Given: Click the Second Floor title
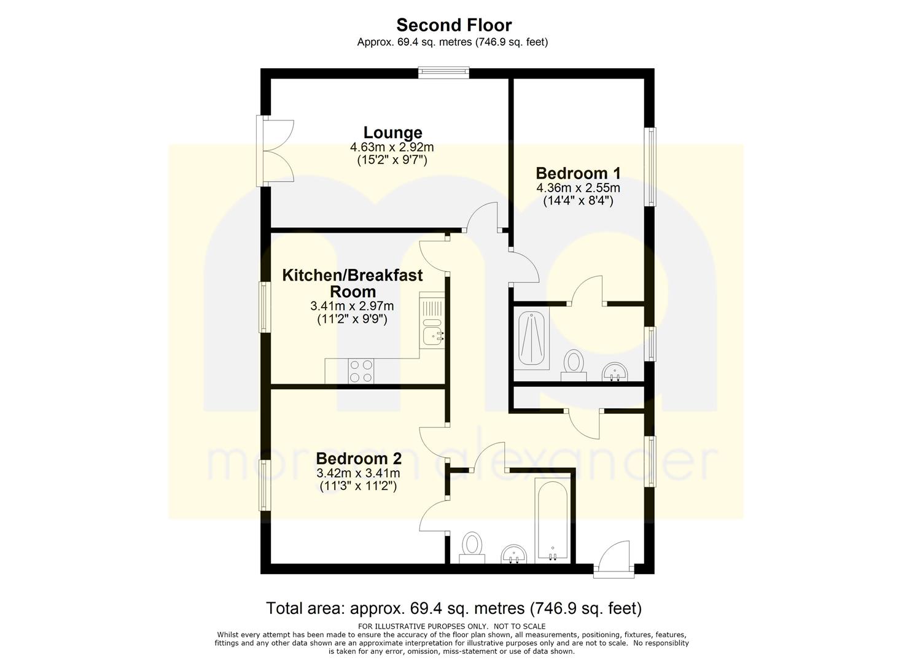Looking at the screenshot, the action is pos(454,25).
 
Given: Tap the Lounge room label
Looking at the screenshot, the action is pos(392,133).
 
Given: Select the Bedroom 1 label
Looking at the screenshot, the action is pos(578,173).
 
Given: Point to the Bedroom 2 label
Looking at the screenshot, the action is pos(359,459).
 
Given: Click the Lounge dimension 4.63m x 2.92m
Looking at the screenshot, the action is pos(392,147).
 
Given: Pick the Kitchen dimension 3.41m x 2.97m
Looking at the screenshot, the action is pos(352,306).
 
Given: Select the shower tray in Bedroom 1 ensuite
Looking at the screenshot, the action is pos(531,338).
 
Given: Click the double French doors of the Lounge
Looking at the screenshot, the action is pos(275,151).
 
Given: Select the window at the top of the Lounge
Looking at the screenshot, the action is pos(444,73).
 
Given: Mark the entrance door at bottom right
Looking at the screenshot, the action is pos(614,559).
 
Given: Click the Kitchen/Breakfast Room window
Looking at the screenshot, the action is pos(265,308).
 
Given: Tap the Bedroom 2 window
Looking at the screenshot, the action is pos(265,485).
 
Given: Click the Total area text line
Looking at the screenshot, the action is pos(454,608).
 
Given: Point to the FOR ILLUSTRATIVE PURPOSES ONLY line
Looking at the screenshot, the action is pos(452,626).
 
